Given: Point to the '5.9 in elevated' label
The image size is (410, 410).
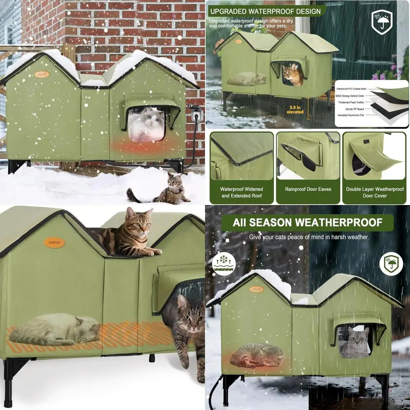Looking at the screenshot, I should click(295, 109).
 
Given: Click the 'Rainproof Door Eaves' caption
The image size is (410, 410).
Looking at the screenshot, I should click(308, 189).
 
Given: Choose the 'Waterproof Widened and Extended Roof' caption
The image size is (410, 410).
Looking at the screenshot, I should click(241, 192).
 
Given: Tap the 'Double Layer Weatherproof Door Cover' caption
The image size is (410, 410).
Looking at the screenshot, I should click(375, 192).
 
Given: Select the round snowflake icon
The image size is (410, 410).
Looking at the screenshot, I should click(224, 263).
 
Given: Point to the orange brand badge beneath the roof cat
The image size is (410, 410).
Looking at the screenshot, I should click(54, 243).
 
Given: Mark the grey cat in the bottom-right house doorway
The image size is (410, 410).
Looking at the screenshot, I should click(355, 344).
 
